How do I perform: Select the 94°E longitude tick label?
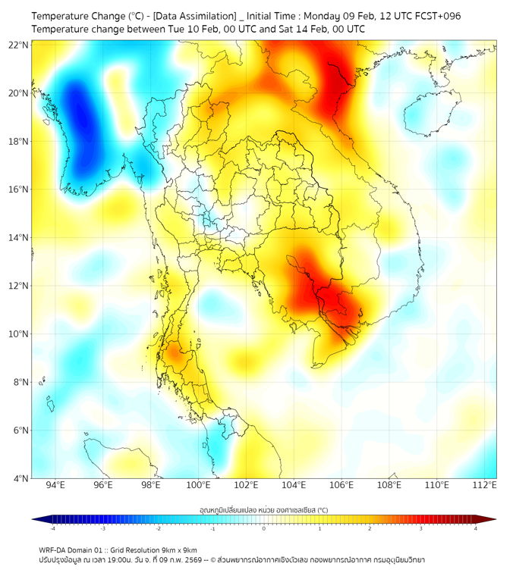point(55,485)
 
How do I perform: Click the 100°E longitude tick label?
point(199,485)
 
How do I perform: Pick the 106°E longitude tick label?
point(341,485)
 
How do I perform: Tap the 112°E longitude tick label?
point(485,485)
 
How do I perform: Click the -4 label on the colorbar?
point(52,528)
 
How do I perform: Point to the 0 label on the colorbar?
point(264,528)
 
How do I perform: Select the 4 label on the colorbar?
point(476,528)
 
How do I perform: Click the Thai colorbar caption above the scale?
point(263,509)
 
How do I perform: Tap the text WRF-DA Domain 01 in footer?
point(72,550)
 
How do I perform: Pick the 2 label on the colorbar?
point(370,528)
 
